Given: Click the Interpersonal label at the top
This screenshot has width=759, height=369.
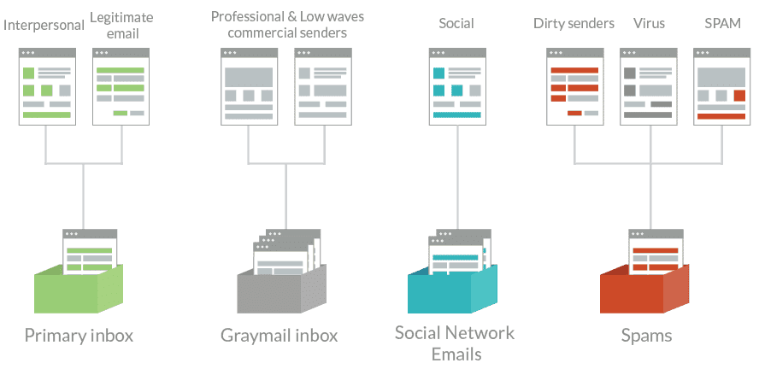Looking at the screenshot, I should [44, 24].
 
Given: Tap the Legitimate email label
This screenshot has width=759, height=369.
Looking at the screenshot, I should [118, 24].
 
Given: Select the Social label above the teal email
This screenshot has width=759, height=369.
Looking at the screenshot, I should [456, 24].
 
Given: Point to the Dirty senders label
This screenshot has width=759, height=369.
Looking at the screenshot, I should [574, 24].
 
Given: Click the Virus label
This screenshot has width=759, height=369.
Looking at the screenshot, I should [649, 24].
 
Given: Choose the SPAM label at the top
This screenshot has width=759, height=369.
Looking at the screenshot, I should [722, 24].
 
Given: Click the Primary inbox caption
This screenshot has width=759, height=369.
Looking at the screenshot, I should [79, 335].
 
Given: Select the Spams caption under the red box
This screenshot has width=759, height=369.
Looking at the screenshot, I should [646, 335].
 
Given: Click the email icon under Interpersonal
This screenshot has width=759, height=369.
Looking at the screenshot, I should [47, 86].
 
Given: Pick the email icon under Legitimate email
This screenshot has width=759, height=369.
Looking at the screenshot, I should [121, 86].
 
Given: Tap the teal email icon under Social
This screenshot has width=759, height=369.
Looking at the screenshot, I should [456, 86].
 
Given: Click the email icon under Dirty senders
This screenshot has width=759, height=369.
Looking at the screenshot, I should [574, 86].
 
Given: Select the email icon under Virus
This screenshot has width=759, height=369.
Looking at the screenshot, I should [648, 86].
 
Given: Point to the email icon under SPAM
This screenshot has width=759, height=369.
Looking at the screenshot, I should [721, 86].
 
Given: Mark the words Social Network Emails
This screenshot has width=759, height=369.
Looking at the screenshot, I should [455, 343].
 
